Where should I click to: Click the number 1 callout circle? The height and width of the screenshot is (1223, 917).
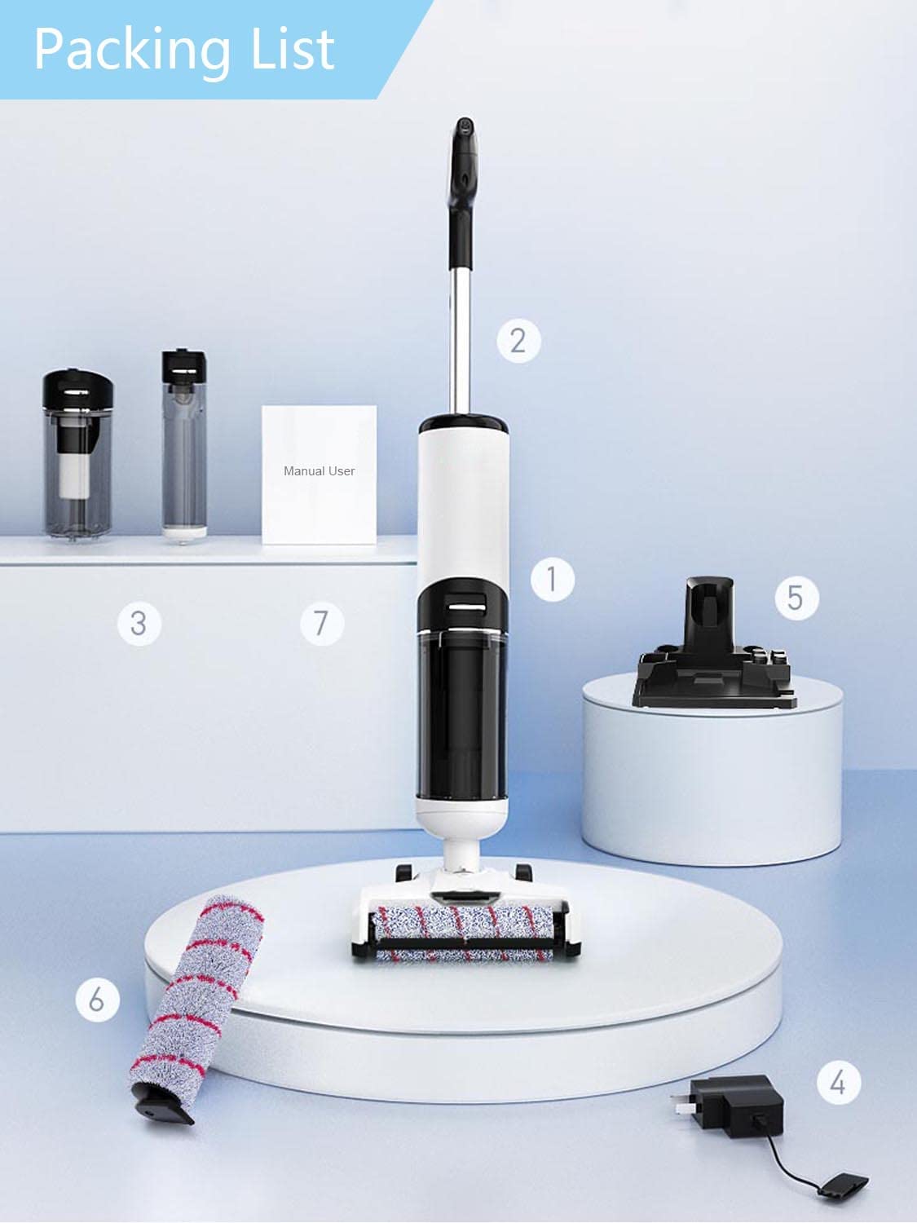552,580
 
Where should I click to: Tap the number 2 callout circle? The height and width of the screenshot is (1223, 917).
518,340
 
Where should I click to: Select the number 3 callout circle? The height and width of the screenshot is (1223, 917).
139,624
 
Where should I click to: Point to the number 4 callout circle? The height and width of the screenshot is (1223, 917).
838,1083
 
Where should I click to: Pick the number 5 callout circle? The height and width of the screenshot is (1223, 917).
796,598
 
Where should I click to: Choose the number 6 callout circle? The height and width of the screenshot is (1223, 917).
97,999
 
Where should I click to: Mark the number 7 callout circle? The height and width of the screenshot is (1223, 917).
321,624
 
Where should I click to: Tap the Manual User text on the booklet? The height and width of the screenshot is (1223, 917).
319,471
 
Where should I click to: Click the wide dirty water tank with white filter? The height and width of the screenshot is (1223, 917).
77,457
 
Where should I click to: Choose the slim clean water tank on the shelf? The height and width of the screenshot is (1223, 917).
184,448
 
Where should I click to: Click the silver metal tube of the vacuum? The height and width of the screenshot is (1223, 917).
461,342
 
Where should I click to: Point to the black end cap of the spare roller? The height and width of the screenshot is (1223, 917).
163,1105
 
